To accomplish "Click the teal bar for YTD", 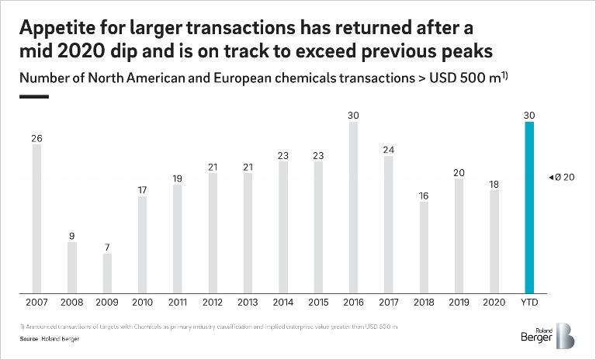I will coord(529,207).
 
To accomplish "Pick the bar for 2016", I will coord(353,207).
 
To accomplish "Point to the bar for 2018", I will coord(424,247).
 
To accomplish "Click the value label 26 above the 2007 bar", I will coord(36,138).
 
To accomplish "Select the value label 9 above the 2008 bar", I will coord(72,236).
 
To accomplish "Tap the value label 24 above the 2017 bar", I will coord(389,150).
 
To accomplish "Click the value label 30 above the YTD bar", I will coord(529,116).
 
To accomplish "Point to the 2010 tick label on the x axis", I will coord(143,303).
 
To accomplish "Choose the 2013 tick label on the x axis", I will coord(248,303).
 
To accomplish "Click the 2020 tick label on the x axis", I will coord(494,303).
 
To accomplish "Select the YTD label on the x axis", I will coord(529,303).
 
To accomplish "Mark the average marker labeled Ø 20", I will coord(563,178).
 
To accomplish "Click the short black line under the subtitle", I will coord(34,97).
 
